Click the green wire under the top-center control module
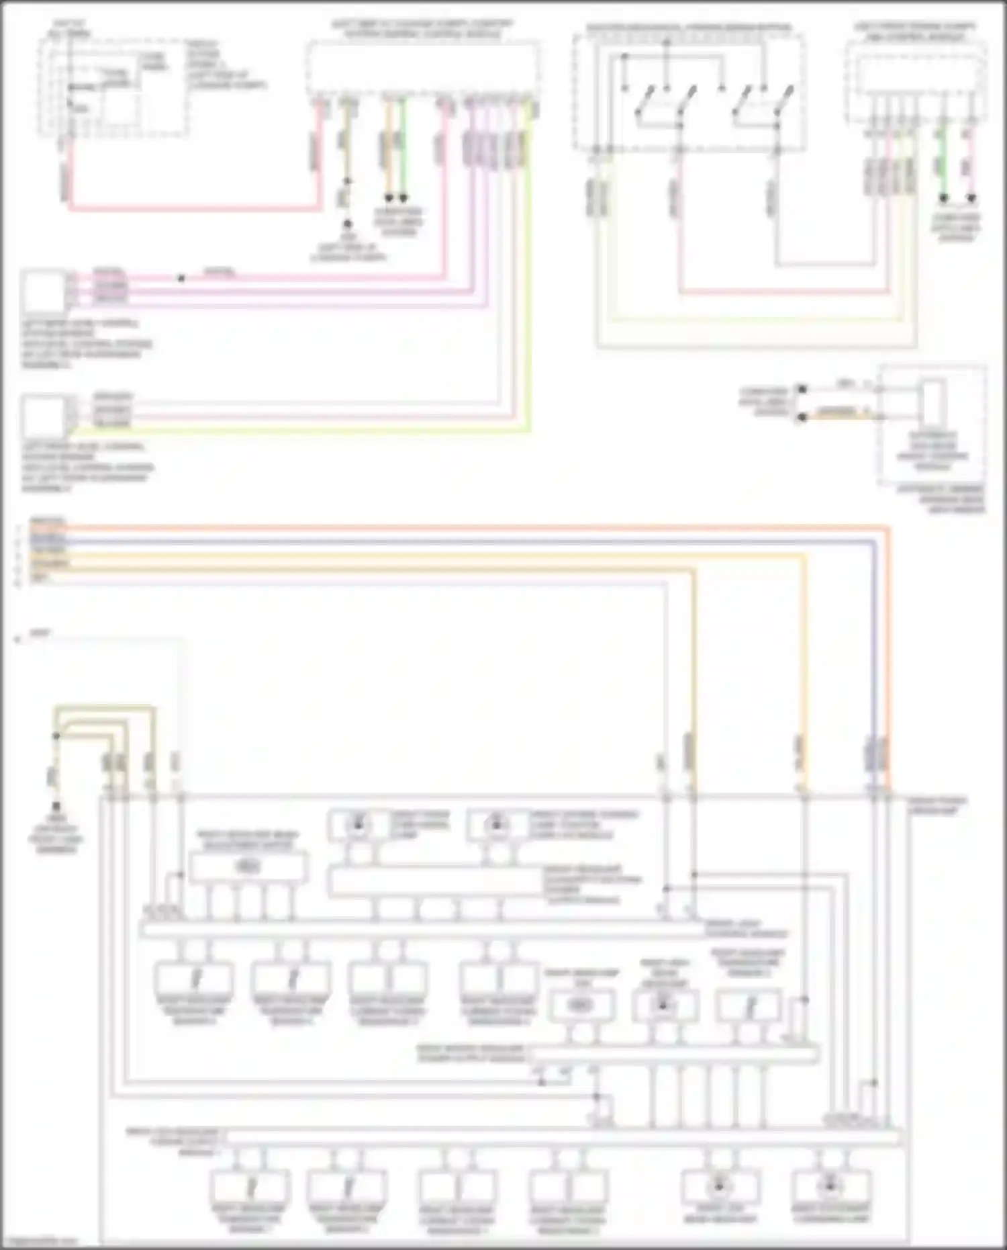coord(403,148)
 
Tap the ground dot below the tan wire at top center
coord(347,224)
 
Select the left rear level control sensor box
coord(44,292)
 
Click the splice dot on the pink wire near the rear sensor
coord(181,277)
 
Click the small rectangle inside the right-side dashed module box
coord(932,403)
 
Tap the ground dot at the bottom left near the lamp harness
coord(56,805)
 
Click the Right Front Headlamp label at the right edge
coord(937,805)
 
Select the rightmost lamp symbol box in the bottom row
coord(830,1187)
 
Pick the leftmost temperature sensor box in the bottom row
coord(250,1187)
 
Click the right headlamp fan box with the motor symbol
coord(581,1006)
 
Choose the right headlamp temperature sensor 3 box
coord(749,1006)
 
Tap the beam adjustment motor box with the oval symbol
coord(247,867)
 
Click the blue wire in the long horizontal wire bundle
coord(470,541)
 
